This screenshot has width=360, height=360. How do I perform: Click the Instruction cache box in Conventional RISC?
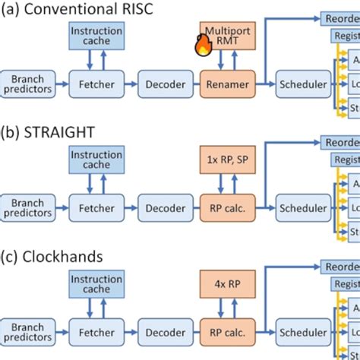(92, 36)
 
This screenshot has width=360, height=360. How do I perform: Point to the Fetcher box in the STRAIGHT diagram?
(92, 207)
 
